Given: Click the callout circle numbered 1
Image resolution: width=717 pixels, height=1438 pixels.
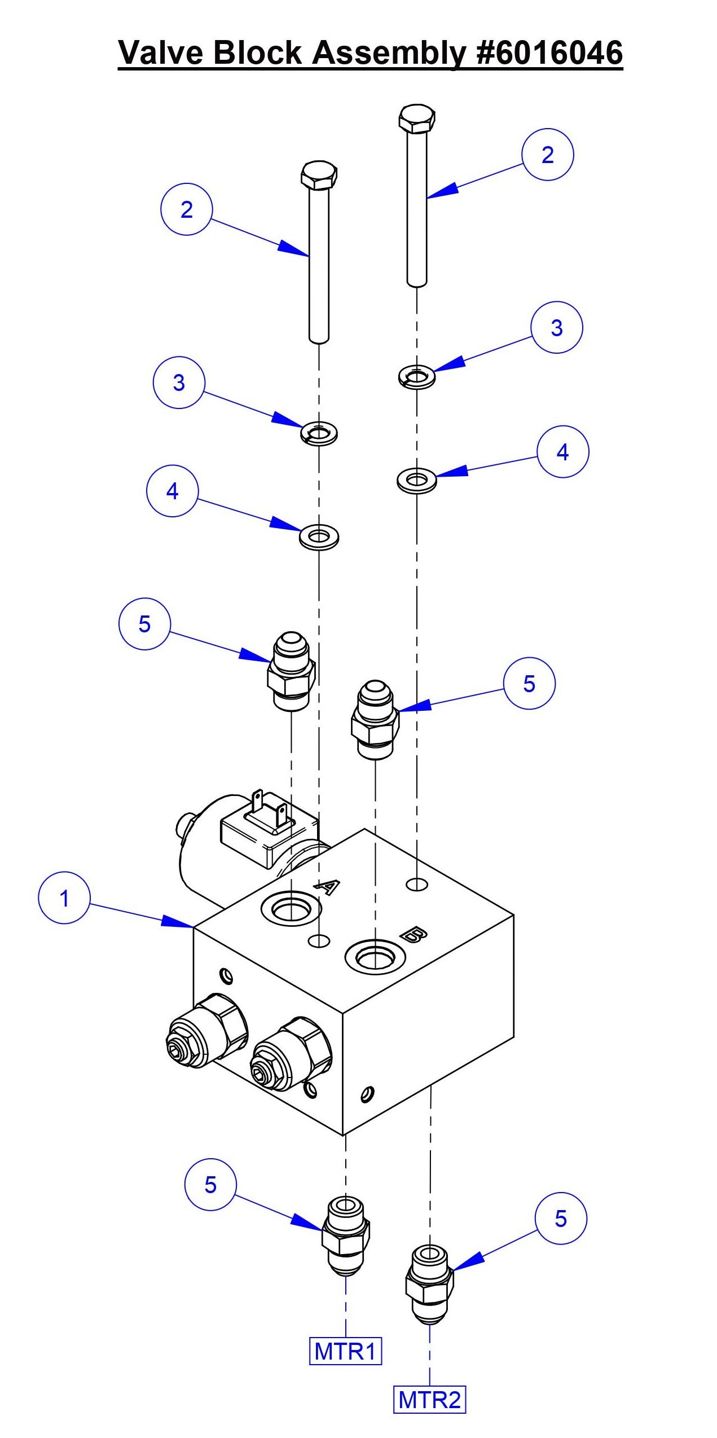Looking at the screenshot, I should [x=64, y=898].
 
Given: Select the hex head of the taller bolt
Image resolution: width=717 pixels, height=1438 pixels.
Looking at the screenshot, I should [x=416, y=119].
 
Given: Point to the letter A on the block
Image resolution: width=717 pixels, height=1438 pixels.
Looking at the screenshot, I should [x=326, y=887].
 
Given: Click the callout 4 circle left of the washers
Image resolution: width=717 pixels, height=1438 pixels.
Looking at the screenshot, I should [x=172, y=491].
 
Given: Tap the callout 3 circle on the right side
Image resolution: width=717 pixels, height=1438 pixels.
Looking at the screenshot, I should [x=556, y=327].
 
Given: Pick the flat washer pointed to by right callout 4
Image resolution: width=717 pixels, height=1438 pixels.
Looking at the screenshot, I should [x=416, y=480].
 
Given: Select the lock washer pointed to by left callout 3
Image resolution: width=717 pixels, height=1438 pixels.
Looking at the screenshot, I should [x=319, y=433].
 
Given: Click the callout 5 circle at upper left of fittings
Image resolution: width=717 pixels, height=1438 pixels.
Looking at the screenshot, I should [x=144, y=624].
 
